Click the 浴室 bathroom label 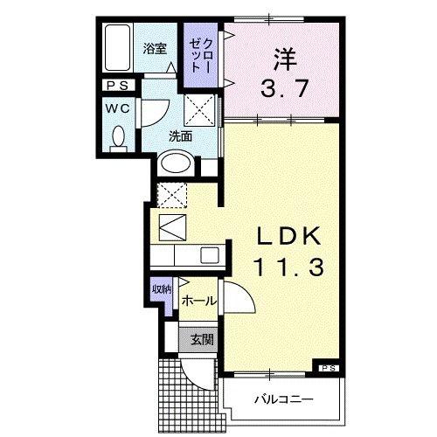tap(155, 49)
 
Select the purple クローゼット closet tap(197, 55)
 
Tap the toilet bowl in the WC tap(120, 136)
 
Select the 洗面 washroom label tap(181, 135)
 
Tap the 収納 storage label tap(162, 289)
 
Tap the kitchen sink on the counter tap(211, 255)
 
